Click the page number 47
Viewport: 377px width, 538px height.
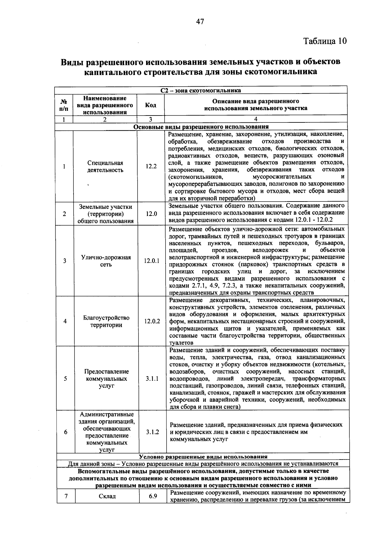(x=200, y=21)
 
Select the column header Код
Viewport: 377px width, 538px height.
(x=150, y=105)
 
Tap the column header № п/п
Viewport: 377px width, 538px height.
(x=63, y=105)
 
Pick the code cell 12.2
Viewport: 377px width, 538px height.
(x=151, y=166)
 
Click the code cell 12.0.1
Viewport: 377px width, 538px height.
(x=152, y=261)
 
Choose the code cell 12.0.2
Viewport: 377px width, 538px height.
(x=152, y=321)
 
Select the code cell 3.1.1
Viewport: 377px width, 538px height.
(x=152, y=379)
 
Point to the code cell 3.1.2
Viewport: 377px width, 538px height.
(x=152, y=432)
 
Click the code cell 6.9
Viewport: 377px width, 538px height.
(x=153, y=496)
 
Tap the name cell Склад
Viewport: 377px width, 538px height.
(x=107, y=496)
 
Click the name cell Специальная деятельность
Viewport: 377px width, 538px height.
(x=105, y=166)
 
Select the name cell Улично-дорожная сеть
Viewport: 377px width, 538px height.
(x=106, y=261)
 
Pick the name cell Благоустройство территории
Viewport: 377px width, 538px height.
(x=106, y=321)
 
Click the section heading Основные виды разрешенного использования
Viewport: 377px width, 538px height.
(x=201, y=127)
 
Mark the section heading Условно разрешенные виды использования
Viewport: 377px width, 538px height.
(x=203, y=457)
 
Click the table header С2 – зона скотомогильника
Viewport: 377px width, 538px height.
(x=201, y=90)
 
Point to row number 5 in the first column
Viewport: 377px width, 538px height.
(x=65, y=379)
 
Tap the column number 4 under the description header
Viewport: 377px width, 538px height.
(x=256, y=119)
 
